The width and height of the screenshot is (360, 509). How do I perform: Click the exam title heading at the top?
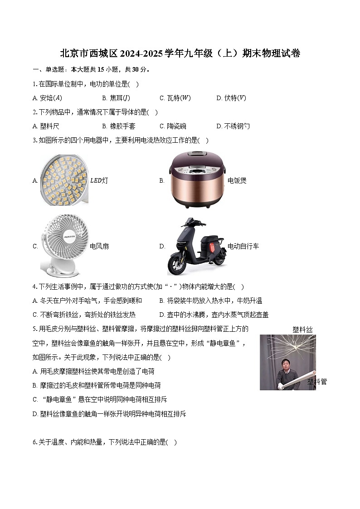[180, 53]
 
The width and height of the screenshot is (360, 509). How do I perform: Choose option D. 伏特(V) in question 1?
[231, 98]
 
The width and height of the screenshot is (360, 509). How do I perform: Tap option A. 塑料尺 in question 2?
[46, 126]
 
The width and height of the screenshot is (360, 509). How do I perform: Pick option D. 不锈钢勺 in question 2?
[233, 126]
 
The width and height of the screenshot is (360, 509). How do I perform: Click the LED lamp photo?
[63, 180]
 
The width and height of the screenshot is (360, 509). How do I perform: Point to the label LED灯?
[99, 180]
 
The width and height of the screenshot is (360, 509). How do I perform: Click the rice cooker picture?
[196, 179]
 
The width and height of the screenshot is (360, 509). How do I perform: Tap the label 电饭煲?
[237, 180]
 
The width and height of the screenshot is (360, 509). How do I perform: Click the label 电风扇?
[99, 247]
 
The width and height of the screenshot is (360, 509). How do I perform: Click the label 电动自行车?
[243, 247]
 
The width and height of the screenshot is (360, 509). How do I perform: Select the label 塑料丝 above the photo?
[302, 330]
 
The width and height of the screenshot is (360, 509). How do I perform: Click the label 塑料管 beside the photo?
[317, 382]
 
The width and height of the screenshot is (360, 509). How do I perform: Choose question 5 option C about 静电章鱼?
[100, 399]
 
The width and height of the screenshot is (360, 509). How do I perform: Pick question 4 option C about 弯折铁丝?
[84, 315]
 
